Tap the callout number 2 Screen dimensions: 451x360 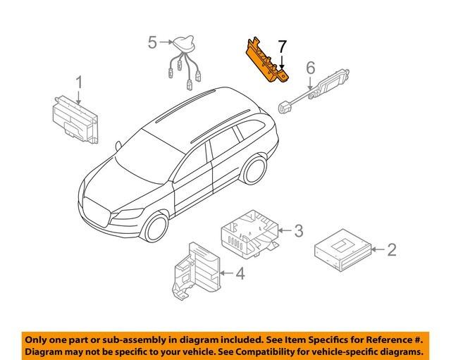point(392,249)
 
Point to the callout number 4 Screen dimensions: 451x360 point(240,273)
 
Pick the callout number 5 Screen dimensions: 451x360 point(153,43)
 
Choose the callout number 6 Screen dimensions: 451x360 point(309,68)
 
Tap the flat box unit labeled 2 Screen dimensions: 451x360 point(341,250)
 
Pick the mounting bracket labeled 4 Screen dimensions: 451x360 point(197,271)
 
